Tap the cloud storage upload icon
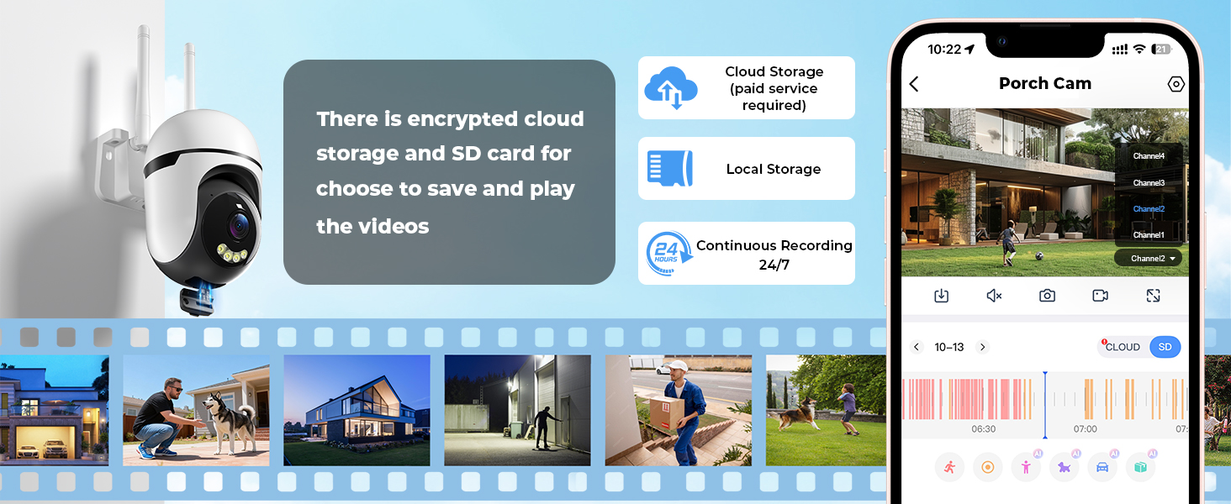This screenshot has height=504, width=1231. [x=671, y=87]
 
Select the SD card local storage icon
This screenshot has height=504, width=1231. [x=669, y=168]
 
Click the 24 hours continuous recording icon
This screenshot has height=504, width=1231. [x=668, y=253]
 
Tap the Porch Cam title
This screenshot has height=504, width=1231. [x=1044, y=83]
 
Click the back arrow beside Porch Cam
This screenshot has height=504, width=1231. [x=914, y=84]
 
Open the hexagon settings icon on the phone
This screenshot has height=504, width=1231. [x=1176, y=84]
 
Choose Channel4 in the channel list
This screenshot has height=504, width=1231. [x=1149, y=156]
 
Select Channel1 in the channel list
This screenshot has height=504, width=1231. [x=1149, y=235]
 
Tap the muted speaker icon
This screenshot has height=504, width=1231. [x=994, y=296]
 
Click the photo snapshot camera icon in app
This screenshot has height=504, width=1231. [x=1047, y=296]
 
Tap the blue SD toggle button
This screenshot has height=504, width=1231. [x=1165, y=347]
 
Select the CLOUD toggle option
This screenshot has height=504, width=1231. [x=1123, y=347]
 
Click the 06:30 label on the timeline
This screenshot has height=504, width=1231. [x=984, y=429]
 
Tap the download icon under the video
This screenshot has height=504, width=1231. [x=941, y=296]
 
